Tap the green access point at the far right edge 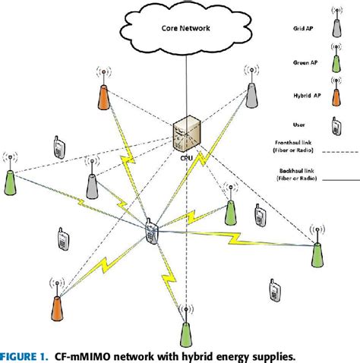(317, 250)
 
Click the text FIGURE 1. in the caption (27, 355)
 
